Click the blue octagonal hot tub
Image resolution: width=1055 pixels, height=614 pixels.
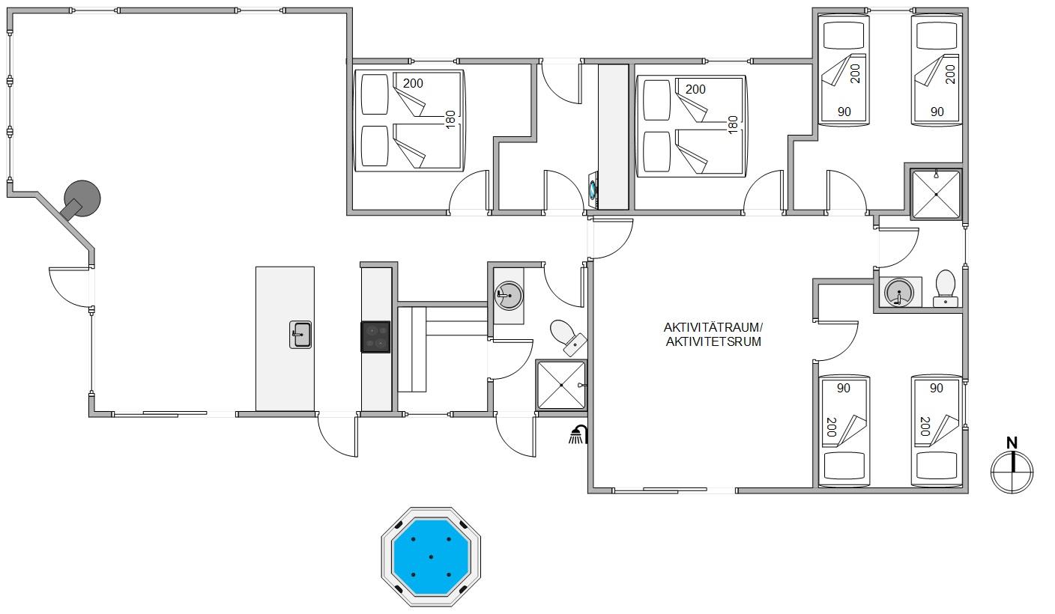click(x=431, y=556)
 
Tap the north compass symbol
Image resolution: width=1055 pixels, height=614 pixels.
click(x=1012, y=472)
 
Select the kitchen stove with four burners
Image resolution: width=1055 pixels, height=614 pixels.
click(x=375, y=337)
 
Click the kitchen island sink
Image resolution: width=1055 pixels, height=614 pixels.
click(x=300, y=335)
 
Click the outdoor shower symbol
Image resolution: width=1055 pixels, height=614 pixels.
click(x=578, y=435)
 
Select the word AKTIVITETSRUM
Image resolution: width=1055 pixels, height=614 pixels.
click(x=713, y=342)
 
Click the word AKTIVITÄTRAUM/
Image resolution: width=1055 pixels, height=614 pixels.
click(x=713, y=327)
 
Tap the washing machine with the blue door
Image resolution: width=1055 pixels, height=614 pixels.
click(x=593, y=190)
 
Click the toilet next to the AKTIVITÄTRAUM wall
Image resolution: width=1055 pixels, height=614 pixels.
click(x=567, y=337)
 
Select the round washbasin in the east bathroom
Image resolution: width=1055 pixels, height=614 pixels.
click(x=898, y=292)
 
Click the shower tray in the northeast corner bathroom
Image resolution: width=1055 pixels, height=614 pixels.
click(x=936, y=195)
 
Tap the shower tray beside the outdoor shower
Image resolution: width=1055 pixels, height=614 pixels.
click(x=561, y=385)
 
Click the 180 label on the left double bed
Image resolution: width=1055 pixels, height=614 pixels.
click(x=450, y=120)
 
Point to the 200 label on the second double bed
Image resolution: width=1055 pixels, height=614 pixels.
click(x=695, y=89)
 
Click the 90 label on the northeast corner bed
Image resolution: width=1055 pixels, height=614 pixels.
click(x=937, y=112)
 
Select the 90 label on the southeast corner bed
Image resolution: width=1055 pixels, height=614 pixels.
click(x=937, y=388)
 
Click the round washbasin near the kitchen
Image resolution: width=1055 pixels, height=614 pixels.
click(x=509, y=296)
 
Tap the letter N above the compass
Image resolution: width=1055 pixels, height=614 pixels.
click(x=1012, y=443)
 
